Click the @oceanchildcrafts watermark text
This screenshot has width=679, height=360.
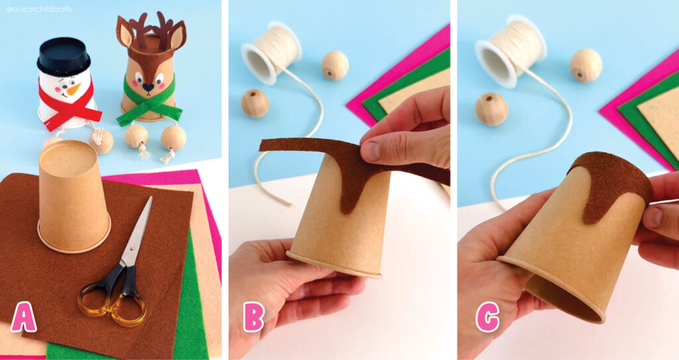[40, 9]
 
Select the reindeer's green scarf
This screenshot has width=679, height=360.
[149, 106]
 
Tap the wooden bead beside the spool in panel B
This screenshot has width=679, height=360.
[335, 65]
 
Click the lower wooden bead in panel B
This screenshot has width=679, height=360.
[255, 103]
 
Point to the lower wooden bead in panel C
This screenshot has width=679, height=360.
[491, 109]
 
